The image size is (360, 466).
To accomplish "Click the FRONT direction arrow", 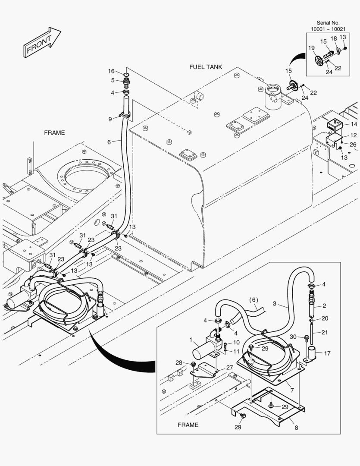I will [x=41, y=42].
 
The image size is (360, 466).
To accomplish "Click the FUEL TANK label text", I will [x=206, y=67].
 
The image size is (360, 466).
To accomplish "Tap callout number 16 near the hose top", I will [x=111, y=71].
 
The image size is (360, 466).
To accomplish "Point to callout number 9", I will [x=110, y=119].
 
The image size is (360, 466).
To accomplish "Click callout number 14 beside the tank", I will [x=354, y=124].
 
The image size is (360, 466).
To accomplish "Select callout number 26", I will [x=353, y=145].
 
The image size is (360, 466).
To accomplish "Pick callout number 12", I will [x=353, y=135].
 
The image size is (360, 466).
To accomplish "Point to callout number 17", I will [x=327, y=353].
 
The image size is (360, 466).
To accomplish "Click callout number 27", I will [x=229, y=367].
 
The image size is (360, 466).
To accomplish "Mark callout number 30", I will [x=293, y=337].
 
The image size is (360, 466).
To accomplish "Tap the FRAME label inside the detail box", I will [x=188, y=425].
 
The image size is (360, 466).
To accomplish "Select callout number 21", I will [x=325, y=333].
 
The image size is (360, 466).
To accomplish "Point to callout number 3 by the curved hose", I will [x=274, y=304].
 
